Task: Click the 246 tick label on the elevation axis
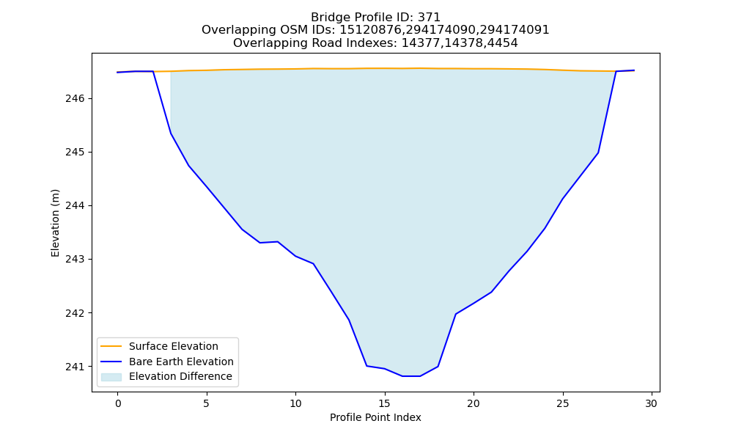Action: [x=74, y=99]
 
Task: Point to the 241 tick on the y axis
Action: [x=74, y=367]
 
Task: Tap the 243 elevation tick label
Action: [x=74, y=259]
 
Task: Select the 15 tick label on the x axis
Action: [x=384, y=403]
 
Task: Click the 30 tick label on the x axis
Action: [x=651, y=403]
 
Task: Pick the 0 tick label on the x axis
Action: [x=117, y=403]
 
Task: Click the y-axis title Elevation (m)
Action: [x=55, y=223]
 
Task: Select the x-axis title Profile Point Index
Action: [x=375, y=417]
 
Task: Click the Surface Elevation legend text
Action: [x=174, y=346]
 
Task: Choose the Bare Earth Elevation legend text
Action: [x=181, y=362]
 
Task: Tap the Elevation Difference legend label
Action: [x=180, y=376]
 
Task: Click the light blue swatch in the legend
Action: [x=111, y=377]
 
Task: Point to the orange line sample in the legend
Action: [x=111, y=346]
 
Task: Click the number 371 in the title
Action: [x=429, y=18]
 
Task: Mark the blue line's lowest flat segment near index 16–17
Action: [x=411, y=376]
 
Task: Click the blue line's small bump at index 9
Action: [x=278, y=242]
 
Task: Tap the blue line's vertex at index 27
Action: [x=598, y=153]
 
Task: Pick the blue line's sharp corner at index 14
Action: [x=366, y=366]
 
